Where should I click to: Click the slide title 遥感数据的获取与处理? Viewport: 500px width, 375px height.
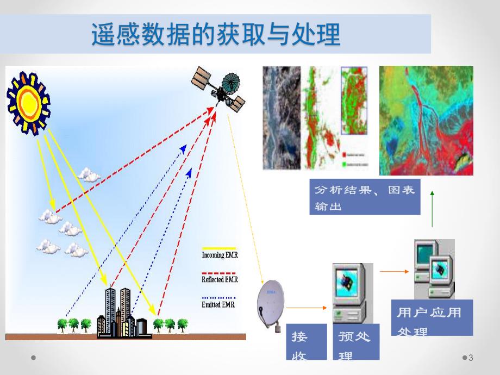(215, 34)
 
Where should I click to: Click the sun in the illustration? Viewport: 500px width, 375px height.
(28, 102)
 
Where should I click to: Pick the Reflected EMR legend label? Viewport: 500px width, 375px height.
(220, 279)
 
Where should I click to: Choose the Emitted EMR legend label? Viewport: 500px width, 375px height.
(218, 305)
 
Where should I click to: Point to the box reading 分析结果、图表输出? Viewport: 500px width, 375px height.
(365, 197)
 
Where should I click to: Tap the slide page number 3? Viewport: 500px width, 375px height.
(471, 358)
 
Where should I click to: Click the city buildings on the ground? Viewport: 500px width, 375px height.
(122, 315)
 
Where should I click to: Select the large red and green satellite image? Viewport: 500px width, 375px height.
(426, 121)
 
